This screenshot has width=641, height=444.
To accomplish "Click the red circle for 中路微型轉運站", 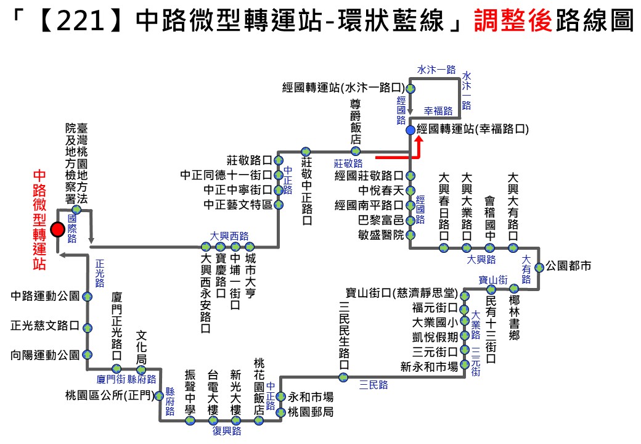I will coord(57,229).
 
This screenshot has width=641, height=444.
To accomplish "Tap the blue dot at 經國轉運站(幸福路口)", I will coord(410,129).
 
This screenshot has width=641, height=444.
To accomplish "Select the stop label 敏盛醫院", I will coord(381,235).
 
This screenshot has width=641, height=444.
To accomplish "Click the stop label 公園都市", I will coord(569,267).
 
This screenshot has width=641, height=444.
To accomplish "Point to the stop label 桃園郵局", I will coord(311,412).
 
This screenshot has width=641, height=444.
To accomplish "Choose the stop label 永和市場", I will coord(311,397).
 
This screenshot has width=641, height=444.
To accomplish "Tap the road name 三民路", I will coord(374,385).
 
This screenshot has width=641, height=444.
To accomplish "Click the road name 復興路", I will coord(226,431).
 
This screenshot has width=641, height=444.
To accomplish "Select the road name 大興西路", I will coord(229,236).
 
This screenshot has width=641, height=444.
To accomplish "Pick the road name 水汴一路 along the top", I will coord(436,70).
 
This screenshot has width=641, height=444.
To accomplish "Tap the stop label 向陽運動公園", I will coord(45,355).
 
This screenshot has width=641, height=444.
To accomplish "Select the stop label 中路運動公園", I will coord(45,296).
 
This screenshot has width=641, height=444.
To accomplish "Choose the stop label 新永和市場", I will coord(429,367).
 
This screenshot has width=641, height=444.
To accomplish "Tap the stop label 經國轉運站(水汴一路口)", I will coord(343,88).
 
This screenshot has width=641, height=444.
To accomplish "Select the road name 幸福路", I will coord(438,111).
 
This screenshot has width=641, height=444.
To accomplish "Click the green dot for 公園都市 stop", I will coord(539,267).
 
